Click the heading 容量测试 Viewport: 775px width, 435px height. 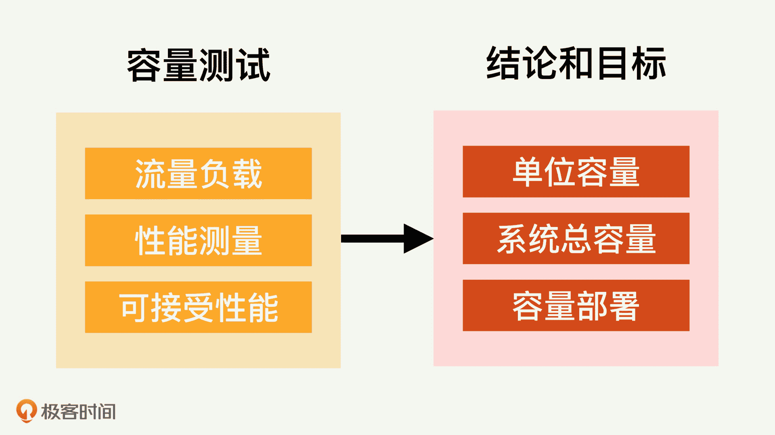coord(198,65)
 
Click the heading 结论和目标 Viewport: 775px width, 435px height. coord(576,63)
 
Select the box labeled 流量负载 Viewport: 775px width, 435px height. coord(198,173)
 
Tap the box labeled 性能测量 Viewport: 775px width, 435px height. coord(198,240)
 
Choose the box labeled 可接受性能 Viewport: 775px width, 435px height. coord(198,307)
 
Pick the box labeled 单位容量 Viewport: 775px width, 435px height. coord(576,172)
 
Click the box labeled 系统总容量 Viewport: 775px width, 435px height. coord(576,239)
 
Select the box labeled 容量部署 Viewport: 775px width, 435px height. coord(576,306)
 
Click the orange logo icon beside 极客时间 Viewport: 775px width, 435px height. coord(26,411)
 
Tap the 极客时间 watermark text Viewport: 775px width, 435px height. coord(78,412)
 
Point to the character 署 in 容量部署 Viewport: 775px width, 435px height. coord(624,306)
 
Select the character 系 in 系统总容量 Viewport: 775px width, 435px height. coord(513,239)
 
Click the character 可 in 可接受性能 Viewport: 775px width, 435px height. coord(134,308)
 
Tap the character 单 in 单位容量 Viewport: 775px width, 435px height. coord(528,172)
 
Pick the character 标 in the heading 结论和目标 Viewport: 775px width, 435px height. coord(648,63)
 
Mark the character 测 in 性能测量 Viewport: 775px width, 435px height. coord(214,241)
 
